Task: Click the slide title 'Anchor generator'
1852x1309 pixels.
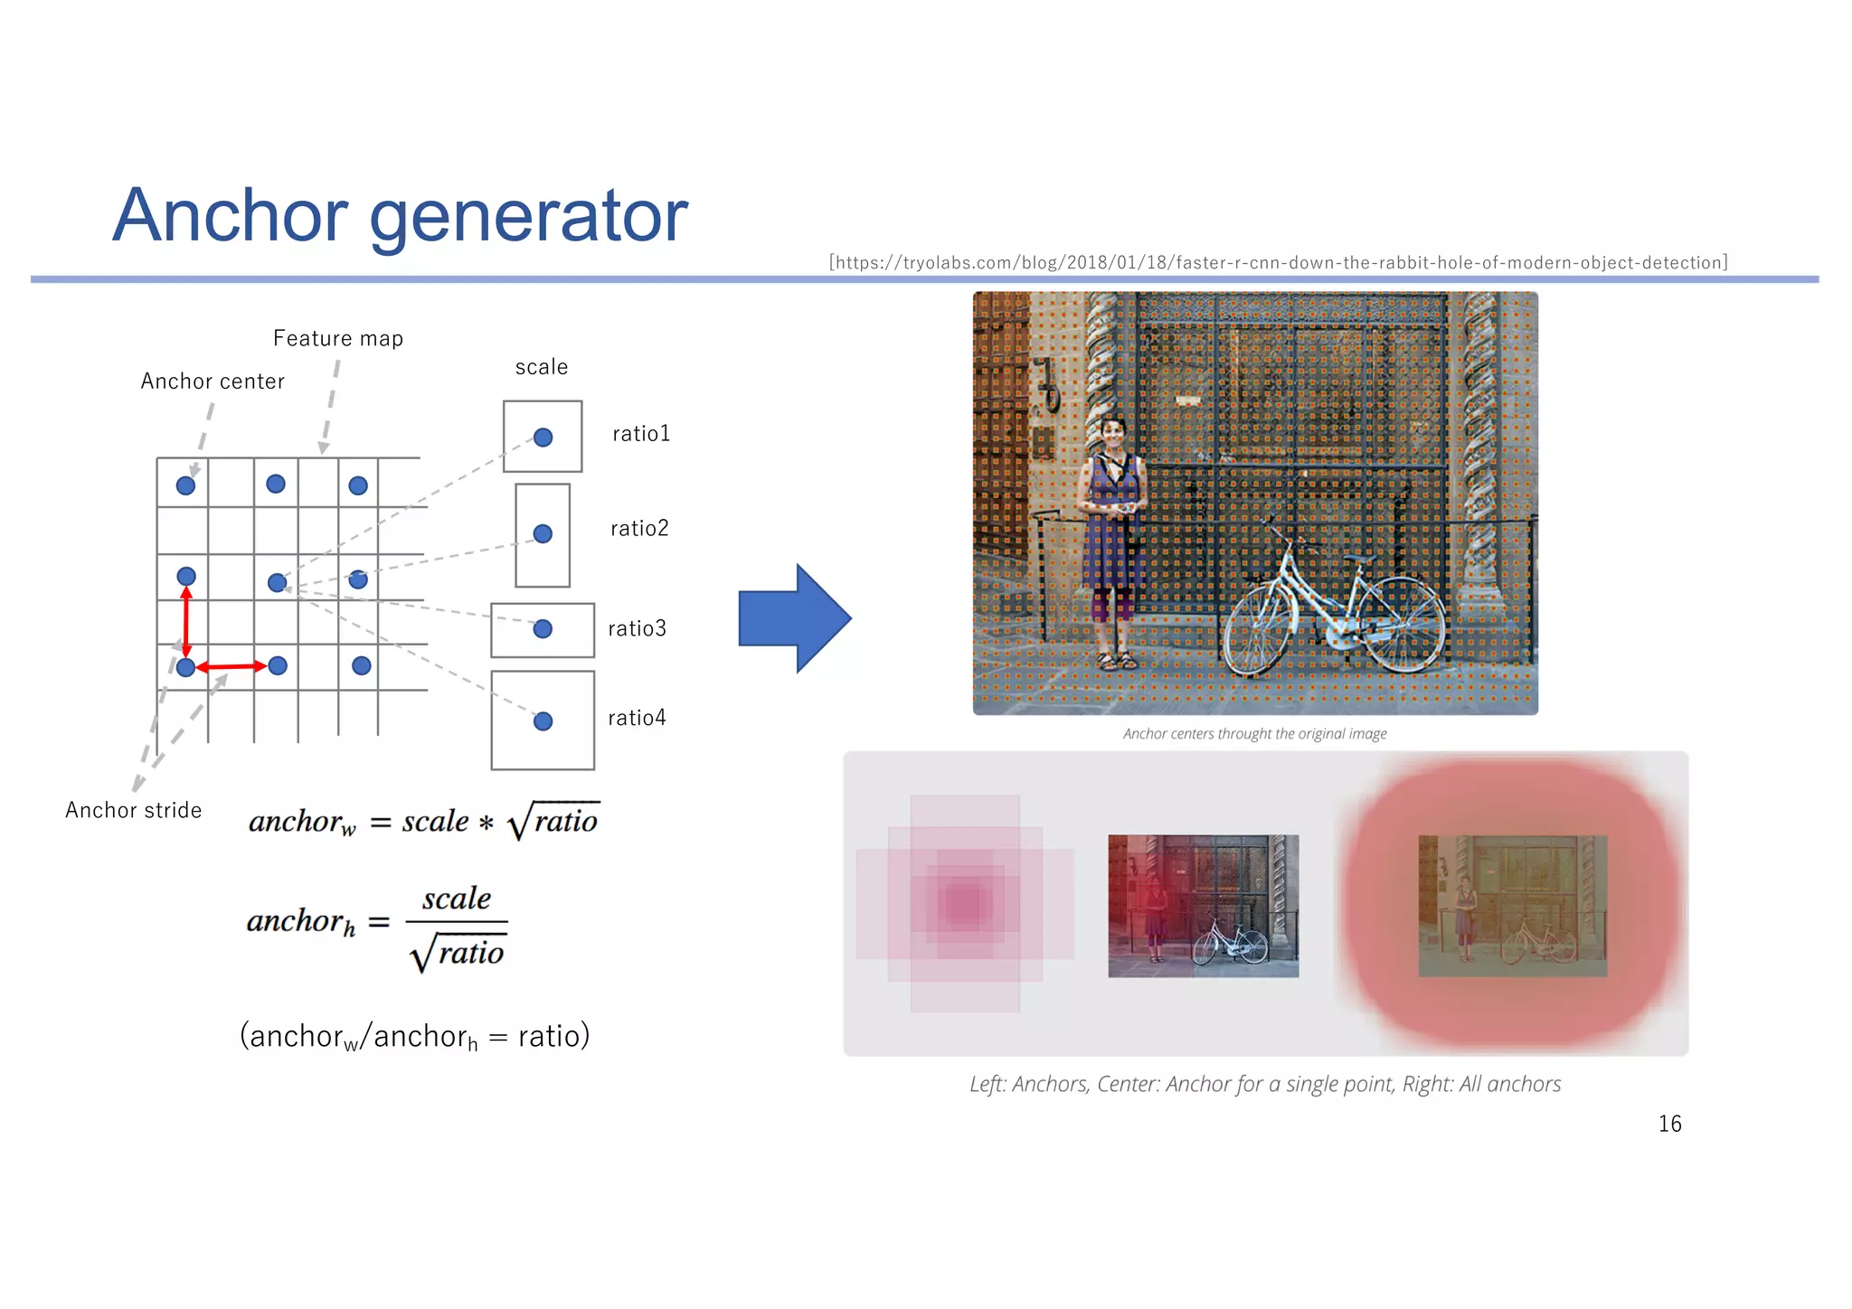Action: click(400, 215)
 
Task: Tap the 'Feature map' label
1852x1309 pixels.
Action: click(338, 339)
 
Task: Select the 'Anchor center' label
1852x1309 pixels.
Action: click(213, 381)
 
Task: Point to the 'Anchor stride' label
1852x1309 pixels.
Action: click(134, 810)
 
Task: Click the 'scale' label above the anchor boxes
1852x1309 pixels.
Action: click(542, 367)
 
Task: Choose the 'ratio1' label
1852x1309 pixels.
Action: click(641, 434)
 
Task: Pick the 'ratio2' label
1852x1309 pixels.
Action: click(639, 529)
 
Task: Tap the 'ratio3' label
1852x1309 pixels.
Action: click(637, 628)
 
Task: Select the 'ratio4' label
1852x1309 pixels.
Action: click(637, 718)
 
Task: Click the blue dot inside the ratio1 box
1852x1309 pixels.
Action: click(543, 438)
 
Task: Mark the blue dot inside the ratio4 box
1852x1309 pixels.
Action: click(543, 721)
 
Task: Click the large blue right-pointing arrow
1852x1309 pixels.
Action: click(794, 618)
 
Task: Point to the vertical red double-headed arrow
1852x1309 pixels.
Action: click(186, 622)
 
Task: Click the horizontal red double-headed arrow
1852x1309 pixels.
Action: click(231, 667)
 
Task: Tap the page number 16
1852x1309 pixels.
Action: click(1669, 1124)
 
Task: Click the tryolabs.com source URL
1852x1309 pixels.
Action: click(1278, 263)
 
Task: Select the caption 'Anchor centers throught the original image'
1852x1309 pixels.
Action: click(1254, 734)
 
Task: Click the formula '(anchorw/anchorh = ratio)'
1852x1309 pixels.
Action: click(414, 1036)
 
